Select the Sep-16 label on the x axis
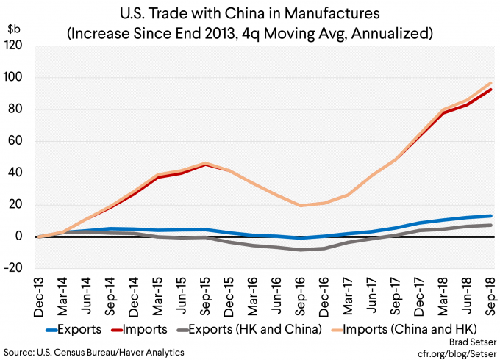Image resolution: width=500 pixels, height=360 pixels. (x=299, y=289)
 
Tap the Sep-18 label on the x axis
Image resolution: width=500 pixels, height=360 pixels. (x=489, y=289)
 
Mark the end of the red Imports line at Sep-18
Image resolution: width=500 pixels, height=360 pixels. (x=491, y=90)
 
